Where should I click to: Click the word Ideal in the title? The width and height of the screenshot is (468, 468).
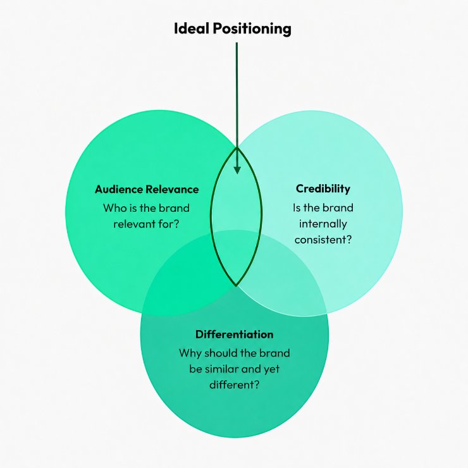click(192, 28)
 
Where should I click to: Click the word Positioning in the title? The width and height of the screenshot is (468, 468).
click(252, 30)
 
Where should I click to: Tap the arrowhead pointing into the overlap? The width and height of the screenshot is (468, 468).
click(237, 170)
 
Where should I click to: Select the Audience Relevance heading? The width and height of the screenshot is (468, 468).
click(147, 189)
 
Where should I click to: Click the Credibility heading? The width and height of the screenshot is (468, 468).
click(323, 189)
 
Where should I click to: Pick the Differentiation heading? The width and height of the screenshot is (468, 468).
click(234, 335)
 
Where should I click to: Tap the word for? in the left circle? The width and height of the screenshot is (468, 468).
click(169, 224)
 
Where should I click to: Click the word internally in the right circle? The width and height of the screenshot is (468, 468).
click(323, 224)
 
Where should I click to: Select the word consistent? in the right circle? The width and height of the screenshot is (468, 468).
click(323, 240)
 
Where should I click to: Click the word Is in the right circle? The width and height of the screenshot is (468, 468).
click(297, 207)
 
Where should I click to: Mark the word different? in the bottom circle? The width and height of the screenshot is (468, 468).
click(234, 385)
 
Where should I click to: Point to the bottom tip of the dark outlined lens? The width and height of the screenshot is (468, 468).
click(236, 286)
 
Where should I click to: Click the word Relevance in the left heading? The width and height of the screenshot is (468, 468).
click(172, 189)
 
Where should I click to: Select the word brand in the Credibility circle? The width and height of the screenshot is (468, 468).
click(338, 207)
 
